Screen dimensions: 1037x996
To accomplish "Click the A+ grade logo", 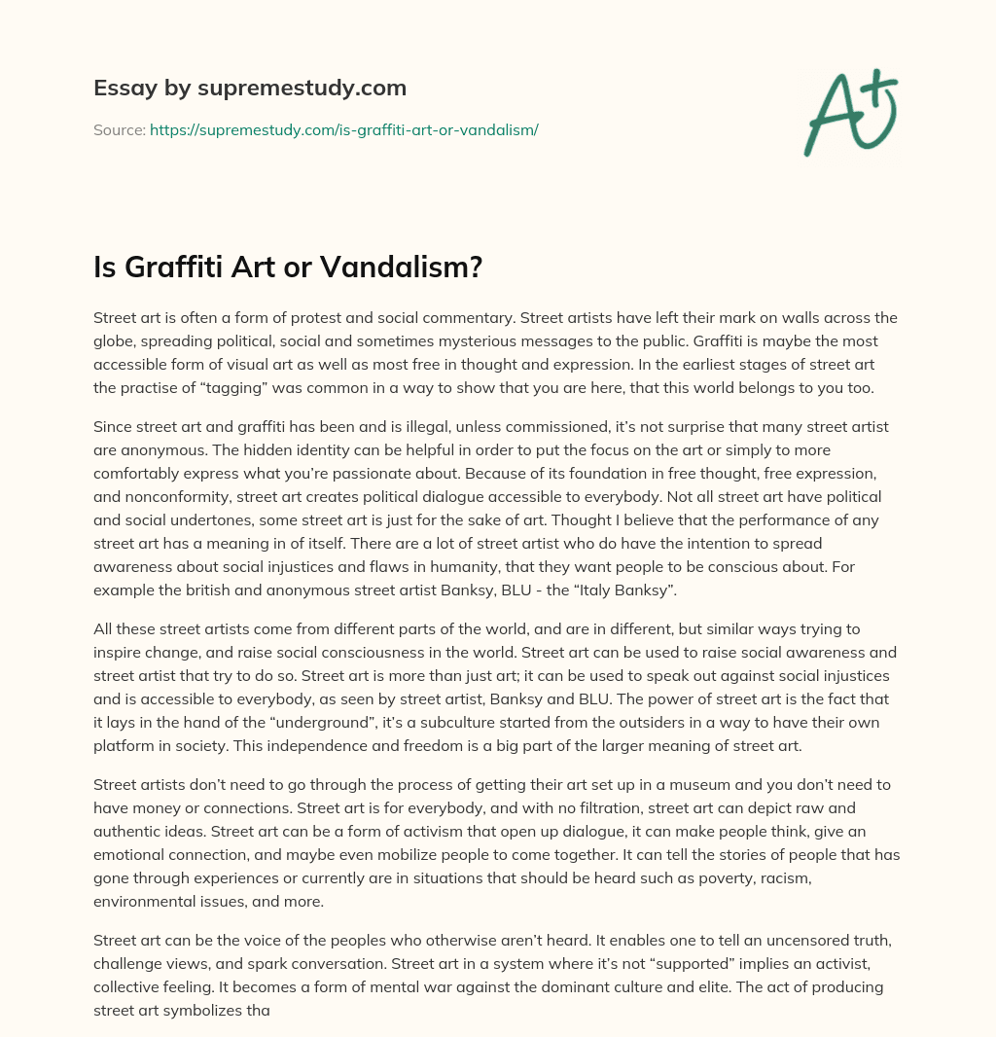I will click(851, 113).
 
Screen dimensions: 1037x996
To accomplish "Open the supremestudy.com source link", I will click(343, 129).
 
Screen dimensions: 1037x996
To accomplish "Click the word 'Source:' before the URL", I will click(119, 129).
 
